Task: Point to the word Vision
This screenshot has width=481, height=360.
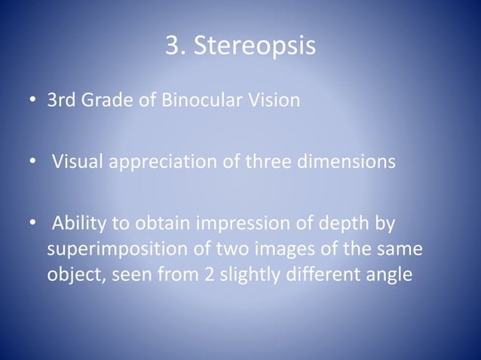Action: pos(273,100)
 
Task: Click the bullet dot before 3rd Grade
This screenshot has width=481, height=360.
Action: pos(33,101)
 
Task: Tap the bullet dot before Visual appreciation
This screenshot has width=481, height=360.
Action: pos(33,163)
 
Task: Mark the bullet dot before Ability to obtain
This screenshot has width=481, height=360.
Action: pos(33,224)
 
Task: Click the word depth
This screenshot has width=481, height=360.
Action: pos(348,224)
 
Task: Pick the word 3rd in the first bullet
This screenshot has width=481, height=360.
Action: pos(63,100)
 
